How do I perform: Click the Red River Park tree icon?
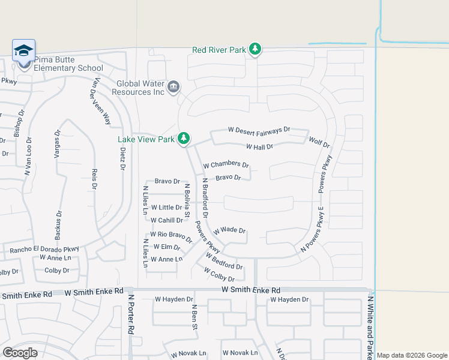pos(255,49)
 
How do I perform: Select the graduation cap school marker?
pos(23,50)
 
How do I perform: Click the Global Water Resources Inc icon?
pos(173,88)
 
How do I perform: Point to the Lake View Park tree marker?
pos(184,139)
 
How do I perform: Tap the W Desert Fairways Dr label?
pos(259,130)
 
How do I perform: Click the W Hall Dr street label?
pos(259,146)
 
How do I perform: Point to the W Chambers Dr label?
pos(226,164)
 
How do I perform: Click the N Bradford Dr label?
pos(205,197)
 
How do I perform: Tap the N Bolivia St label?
pos(187,200)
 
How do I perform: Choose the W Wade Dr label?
pos(229,230)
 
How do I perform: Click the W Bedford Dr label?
pos(223,262)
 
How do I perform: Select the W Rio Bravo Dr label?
pos(171,237)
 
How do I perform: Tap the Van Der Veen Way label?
pos(100,100)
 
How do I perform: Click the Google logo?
pos(20,353)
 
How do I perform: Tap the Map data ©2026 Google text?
pos(412,355)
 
